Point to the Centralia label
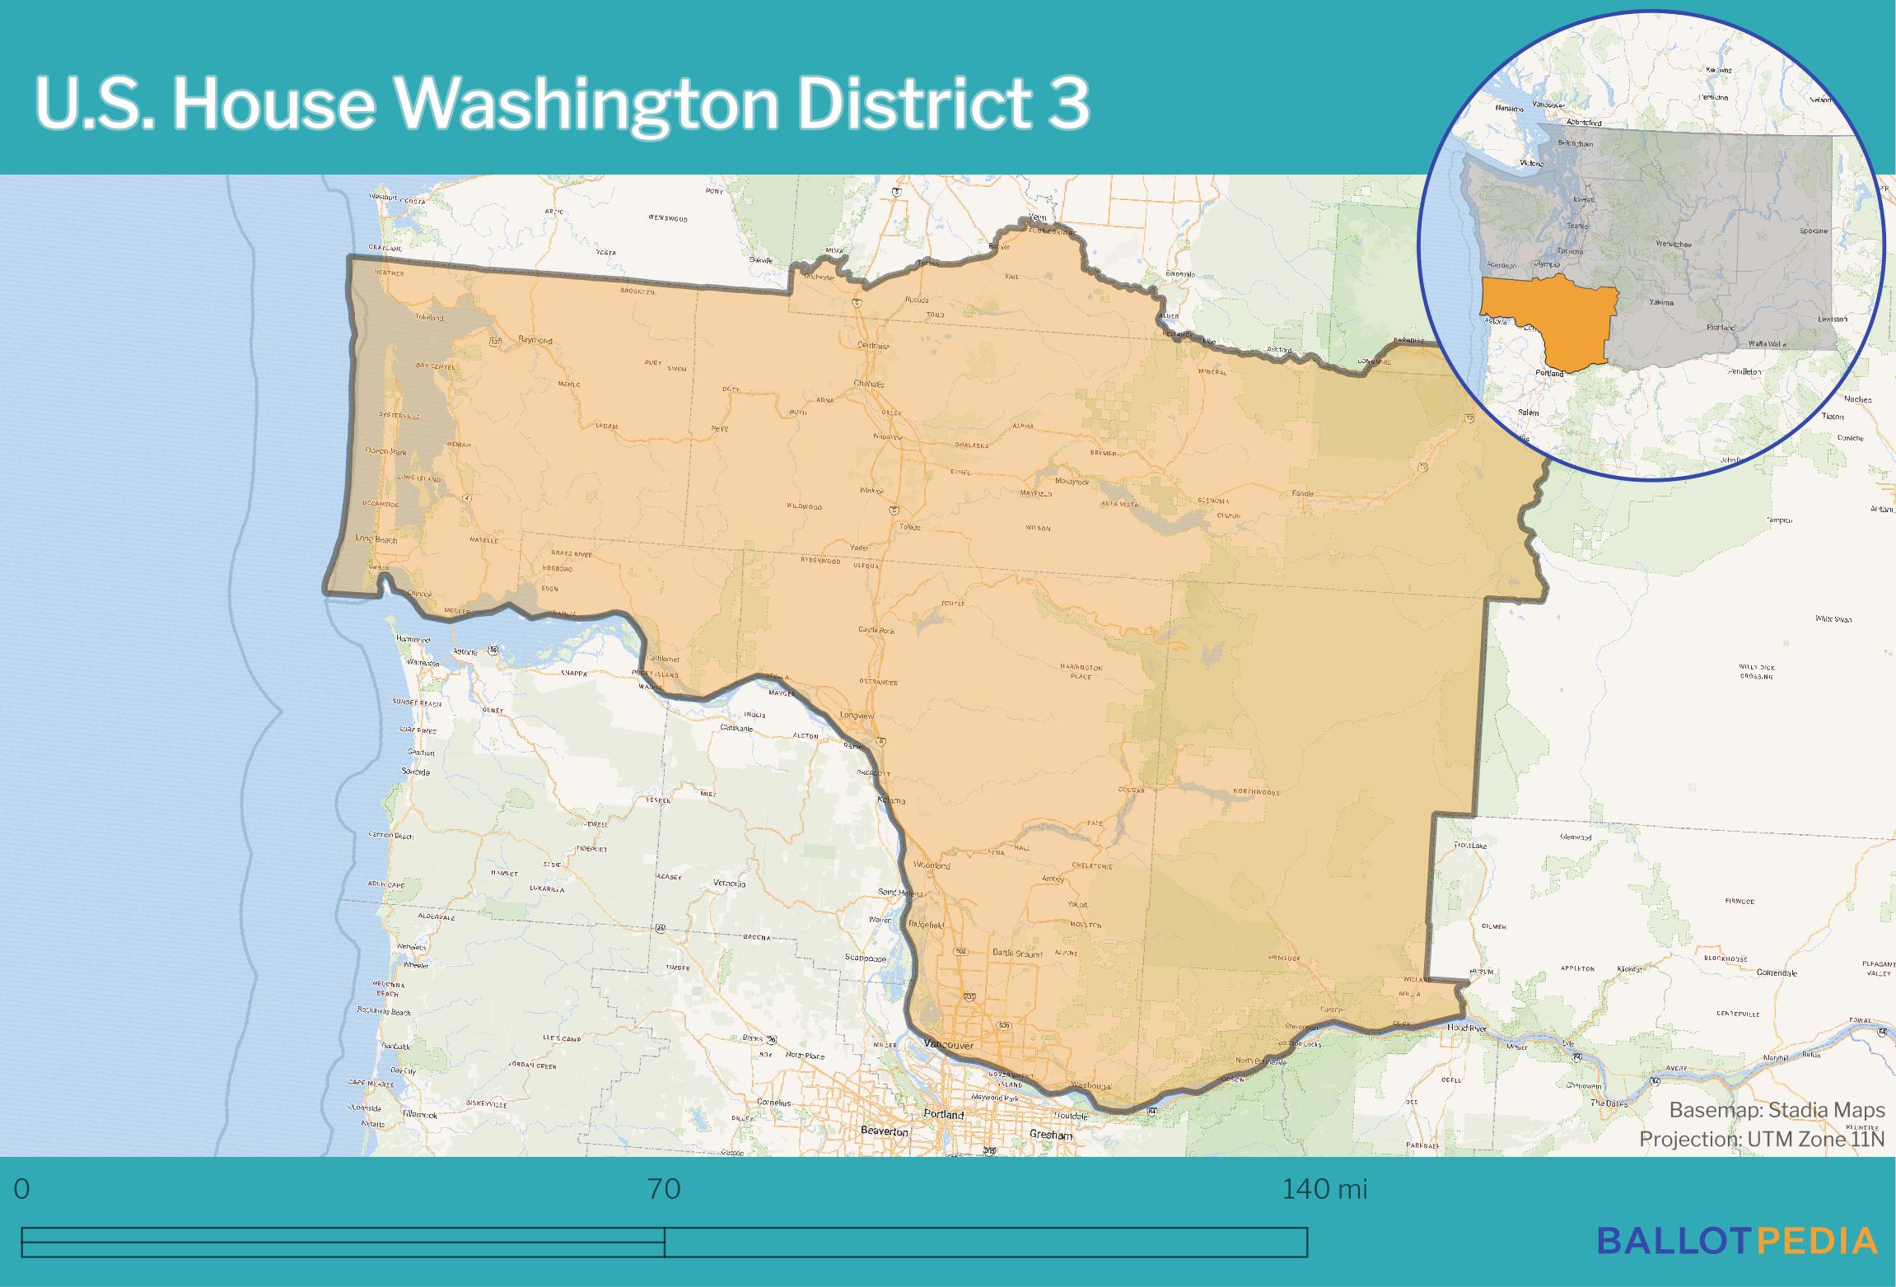(x=872, y=346)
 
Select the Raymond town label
(x=535, y=339)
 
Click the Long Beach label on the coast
(x=376, y=539)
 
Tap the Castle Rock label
(x=876, y=630)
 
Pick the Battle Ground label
(x=1017, y=954)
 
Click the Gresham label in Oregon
(x=1052, y=1135)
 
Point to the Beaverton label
(x=883, y=1131)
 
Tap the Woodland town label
(x=932, y=866)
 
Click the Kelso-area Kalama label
(x=891, y=800)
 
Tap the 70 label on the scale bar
(x=664, y=1189)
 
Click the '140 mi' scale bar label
(x=1324, y=1189)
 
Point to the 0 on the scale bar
(x=22, y=1189)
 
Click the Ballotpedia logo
(x=1737, y=1240)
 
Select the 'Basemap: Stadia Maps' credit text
(x=1777, y=1110)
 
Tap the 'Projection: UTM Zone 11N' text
(x=1761, y=1139)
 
